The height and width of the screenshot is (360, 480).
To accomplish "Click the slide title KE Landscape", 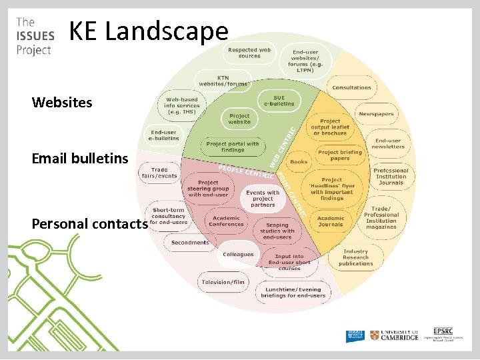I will (149, 32).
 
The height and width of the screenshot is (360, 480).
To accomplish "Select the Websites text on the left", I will (62, 103).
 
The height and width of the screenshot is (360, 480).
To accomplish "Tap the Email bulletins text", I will (79, 159).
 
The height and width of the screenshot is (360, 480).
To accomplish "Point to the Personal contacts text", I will (89, 223).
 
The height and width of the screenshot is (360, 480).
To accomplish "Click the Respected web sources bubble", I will (249, 52).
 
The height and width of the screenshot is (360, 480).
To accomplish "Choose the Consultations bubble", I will (351, 87).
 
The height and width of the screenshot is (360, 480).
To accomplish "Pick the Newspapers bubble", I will (376, 114).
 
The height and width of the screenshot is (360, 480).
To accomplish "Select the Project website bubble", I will (239, 119).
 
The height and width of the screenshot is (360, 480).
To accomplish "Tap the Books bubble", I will (299, 162).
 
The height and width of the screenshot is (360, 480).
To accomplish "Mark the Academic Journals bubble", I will (331, 221).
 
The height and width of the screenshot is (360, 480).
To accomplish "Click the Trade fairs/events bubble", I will (159, 173).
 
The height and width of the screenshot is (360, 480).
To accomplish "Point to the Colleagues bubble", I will (238, 255).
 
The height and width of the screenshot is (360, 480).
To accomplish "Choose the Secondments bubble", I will (190, 243).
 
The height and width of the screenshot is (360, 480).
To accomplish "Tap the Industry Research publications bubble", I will (355, 257).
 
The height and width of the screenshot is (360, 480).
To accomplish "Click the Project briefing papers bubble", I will (339, 155).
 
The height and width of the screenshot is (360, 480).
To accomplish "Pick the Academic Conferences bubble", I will (226, 221).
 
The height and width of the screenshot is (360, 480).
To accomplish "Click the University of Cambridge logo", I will (395, 335).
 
